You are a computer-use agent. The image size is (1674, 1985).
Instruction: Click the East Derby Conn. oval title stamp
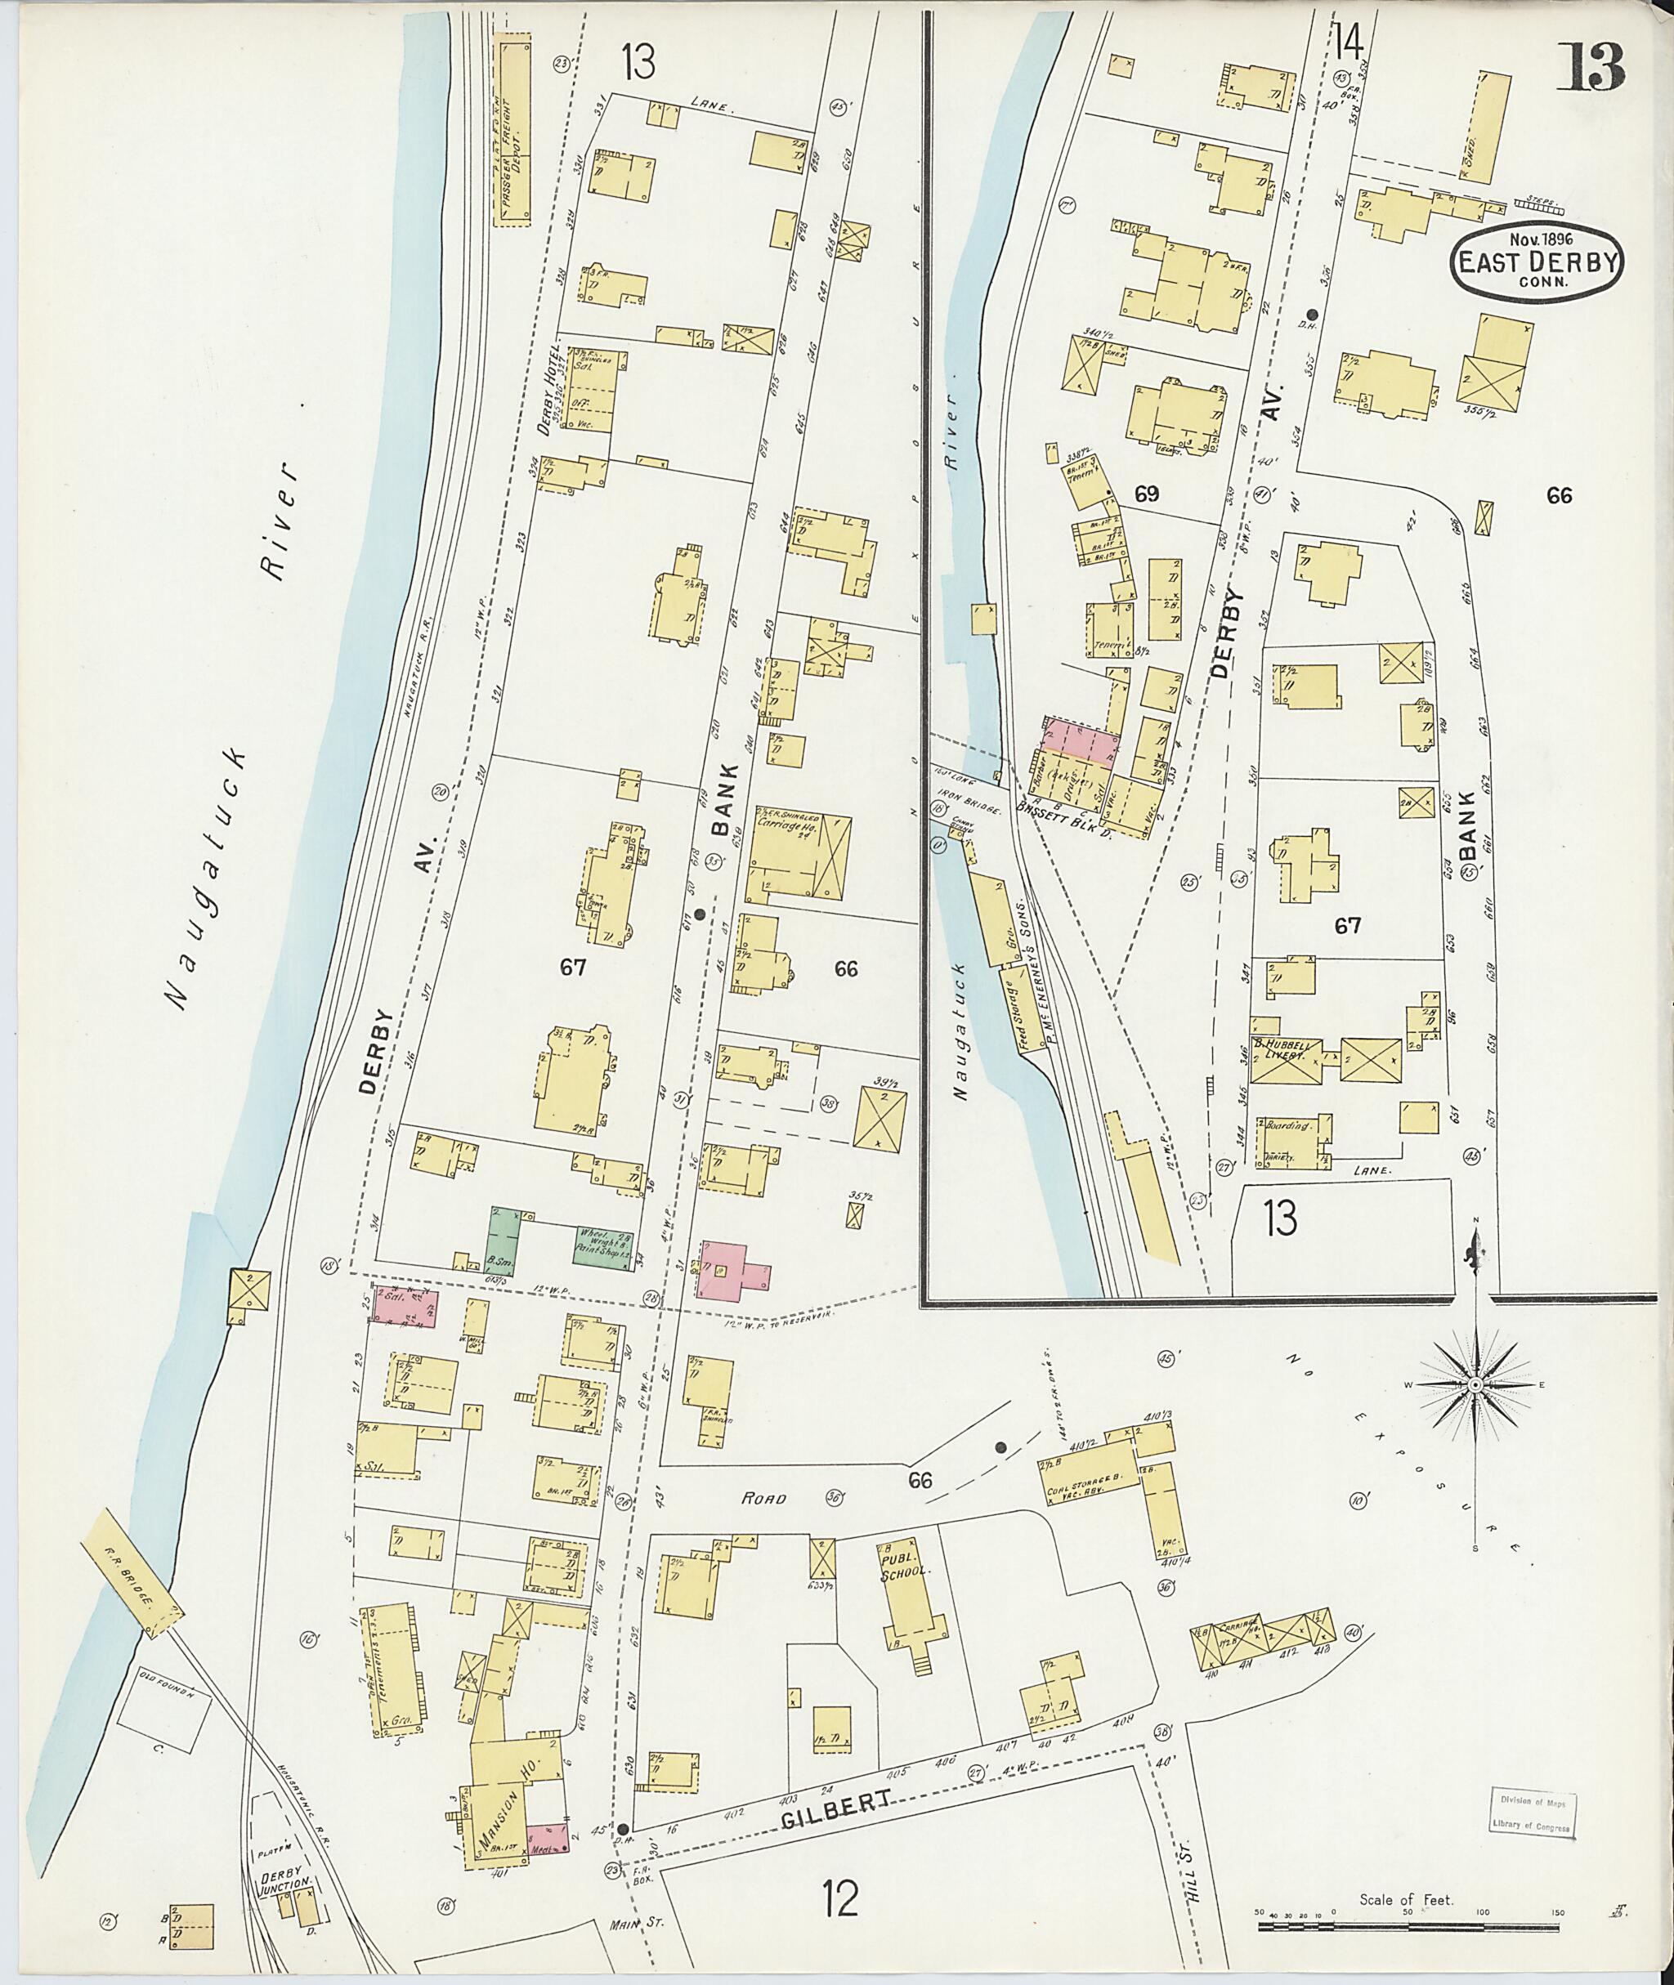click(1537, 260)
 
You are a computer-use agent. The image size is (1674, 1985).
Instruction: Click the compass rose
click(1475, 1385)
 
